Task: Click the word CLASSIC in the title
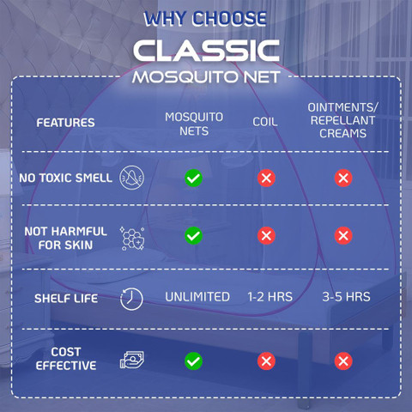pyautogui.click(x=206, y=51)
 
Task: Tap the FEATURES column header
pyautogui.click(x=65, y=123)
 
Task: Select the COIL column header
pyautogui.click(x=265, y=122)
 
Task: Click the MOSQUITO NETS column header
pyautogui.click(x=194, y=124)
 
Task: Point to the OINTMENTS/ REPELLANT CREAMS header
pyautogui.click(x=342, y=120)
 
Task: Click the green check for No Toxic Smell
pyautogui.click(x=193, y=178)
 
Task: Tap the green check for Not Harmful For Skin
pyautogui.click(x=193, y=236)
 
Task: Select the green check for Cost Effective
pyautogui.click(x=193, y=361)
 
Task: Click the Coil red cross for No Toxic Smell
pyautogui.click(x=266, y=178)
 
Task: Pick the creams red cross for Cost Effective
pyautogui.click(x=343, y=361)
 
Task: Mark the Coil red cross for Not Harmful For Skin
pyautogui.click(x=266, y=236)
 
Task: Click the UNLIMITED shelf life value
pyautogui.click(x=197, y=297)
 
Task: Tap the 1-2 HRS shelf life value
pyautogui.click(x=270, y=297)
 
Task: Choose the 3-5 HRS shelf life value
pyautogui.click(x=346, y=297)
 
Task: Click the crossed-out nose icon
pyautogui.click(x=131, y=178)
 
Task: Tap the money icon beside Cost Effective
pyautogui.click(x=132, y=360)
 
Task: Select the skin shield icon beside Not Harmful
pyautogui.click(x=132, y=239)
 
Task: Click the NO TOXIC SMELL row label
pyautogui.click(x=65, y=178)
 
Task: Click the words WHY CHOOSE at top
pyautogui.click(x=205, y=19)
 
